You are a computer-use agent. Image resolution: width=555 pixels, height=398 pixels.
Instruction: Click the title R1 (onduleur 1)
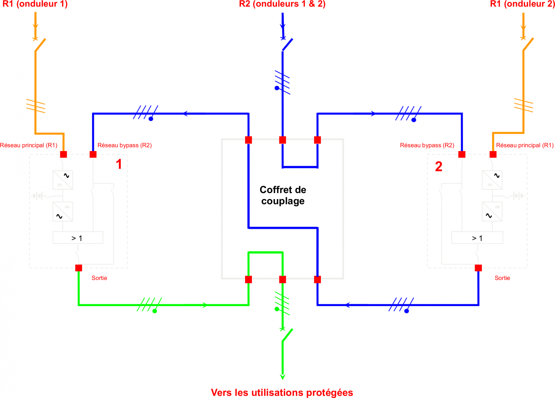coord(35,4)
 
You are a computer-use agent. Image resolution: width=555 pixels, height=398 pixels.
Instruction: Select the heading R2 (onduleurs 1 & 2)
coord(282,4)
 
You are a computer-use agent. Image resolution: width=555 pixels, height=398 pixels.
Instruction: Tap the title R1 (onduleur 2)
coord(522,4)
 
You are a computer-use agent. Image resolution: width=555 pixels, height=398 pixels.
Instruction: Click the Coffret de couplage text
coord(283,195)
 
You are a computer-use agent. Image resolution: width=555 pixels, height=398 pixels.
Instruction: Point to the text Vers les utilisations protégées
coord(282,392)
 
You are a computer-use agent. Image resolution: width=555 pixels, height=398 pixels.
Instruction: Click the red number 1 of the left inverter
coord(119,164)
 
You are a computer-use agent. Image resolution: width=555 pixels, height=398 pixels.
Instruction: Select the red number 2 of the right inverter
coord(438,167)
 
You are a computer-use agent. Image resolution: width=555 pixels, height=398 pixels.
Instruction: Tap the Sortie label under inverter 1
coord(99,278)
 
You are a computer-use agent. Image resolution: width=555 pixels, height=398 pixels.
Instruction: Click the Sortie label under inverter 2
coord(502,278)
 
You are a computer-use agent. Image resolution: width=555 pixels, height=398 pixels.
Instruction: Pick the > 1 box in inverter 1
coord(78,238)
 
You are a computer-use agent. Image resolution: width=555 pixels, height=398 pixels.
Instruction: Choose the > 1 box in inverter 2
coord(477,238)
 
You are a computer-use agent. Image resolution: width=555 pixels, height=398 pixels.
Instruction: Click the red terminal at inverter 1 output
coord(79,268)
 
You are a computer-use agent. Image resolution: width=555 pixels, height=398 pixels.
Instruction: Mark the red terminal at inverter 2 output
coord(478,268)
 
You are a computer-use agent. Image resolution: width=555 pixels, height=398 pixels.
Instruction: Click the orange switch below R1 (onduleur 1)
coord(40,45)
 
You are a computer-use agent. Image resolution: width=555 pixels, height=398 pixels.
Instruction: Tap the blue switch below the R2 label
coord(287,45)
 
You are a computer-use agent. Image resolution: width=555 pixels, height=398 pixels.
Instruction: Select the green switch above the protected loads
coord(287,335)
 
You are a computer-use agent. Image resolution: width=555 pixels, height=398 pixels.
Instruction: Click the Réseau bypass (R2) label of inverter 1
coord(125,145)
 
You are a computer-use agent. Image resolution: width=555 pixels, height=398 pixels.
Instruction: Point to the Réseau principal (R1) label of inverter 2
coord(525,145)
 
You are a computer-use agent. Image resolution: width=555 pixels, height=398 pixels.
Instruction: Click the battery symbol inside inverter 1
coord(39,196)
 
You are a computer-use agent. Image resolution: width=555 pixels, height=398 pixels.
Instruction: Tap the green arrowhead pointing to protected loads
coord(282,377)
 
